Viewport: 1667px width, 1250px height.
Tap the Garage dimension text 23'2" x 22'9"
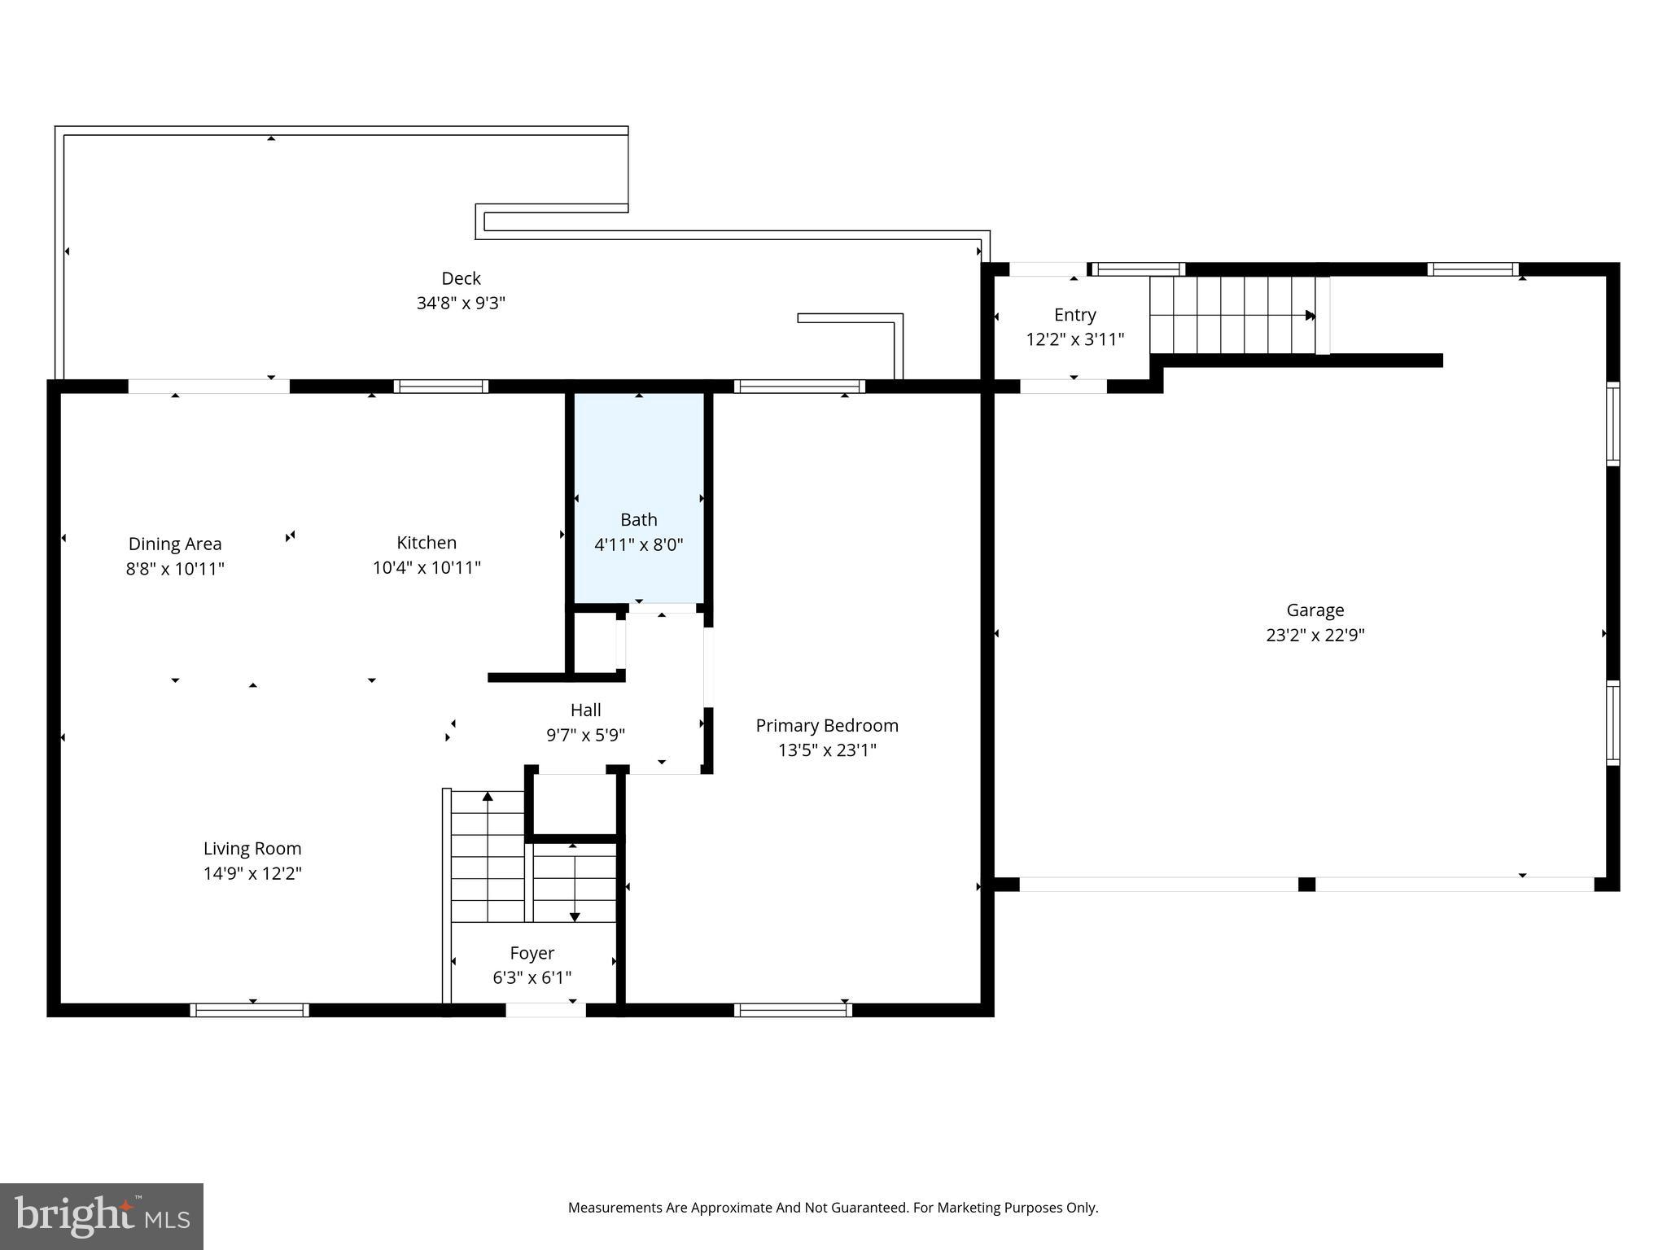click(x=1315, y=635)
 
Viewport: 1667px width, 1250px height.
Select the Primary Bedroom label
click(x=826, y=725)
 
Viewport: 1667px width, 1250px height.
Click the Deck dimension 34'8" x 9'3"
click(x=461, y=303)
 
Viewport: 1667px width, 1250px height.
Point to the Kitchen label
click(x=427, y=543)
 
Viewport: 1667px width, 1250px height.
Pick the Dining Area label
click(x=175, y=544)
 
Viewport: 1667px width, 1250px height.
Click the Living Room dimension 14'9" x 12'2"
click(x=252, y=873)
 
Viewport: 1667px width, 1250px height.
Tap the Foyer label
click(x=532, y=953)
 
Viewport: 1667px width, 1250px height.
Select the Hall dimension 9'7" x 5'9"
click(x=585, y=735)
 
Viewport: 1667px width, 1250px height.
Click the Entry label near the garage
click(x=1074, y=315)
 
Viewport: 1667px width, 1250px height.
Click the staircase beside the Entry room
click(x=1233, y=315)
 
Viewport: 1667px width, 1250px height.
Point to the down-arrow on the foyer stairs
click(x=575, y=916)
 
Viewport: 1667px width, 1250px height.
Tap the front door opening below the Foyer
click(x=545, y=1010)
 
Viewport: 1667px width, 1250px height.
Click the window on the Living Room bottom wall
click(x=249, y=1010)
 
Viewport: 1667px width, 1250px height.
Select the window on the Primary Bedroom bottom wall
click(x=792, y=1010)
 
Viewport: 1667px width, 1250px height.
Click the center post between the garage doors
click(x=1306, y=885)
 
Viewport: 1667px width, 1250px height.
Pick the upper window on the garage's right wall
click(x=1612, y=423)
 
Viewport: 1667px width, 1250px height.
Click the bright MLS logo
click(x=102, y=1217)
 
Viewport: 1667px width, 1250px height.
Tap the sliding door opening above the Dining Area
click(x=208, y=387)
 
